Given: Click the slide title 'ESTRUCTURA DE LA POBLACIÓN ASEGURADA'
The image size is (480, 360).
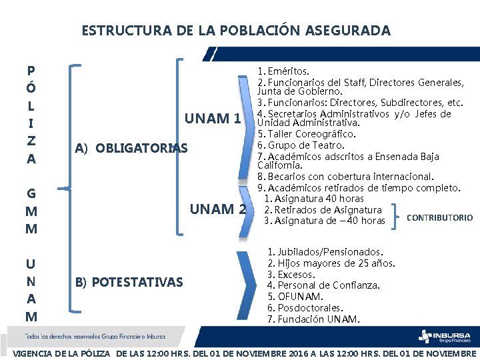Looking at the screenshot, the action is [236, 31].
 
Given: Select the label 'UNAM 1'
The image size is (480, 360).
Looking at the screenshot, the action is [212, 119].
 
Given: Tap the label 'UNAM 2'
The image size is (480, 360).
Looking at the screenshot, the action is [218, 209].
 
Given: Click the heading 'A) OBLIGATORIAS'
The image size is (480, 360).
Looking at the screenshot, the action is [131, 148].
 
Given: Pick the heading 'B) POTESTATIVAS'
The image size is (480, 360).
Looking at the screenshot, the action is [129, 282].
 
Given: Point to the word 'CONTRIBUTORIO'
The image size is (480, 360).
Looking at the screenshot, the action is [439, 218].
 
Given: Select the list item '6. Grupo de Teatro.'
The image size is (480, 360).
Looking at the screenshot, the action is [301, 145].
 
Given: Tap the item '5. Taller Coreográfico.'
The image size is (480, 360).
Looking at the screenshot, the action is [306, 134].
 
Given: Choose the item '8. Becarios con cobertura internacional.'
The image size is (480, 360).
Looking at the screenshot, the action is [345, 177].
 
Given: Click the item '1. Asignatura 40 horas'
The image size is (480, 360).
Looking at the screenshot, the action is [314, 199].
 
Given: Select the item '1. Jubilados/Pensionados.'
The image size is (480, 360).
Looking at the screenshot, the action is [325, 252].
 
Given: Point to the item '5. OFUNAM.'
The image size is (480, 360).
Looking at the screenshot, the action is [295, 297].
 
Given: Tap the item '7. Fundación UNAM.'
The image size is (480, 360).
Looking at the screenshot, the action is [313, 319].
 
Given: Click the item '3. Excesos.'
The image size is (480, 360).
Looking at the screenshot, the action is [291, 275].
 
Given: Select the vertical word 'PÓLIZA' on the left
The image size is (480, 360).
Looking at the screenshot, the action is [31, 115].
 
